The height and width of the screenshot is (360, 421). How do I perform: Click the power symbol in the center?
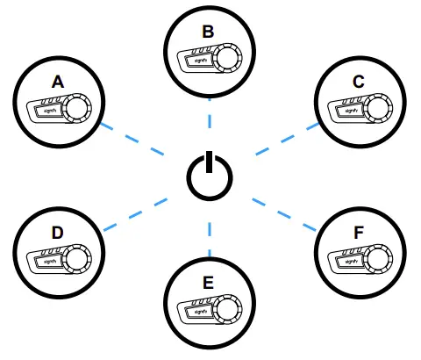(210, 176)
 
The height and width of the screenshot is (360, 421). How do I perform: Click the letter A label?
(59, 82)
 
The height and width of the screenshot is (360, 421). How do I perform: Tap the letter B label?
(208, 32)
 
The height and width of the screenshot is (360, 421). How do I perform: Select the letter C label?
(358, 82)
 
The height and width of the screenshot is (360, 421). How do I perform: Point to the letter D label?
(57, 233)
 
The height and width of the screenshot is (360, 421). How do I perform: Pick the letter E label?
(209, 283)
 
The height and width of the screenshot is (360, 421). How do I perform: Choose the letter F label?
(359, 234)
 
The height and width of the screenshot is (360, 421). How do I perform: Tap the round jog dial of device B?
(228, 59)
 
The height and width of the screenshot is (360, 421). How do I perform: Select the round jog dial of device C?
(379, 109)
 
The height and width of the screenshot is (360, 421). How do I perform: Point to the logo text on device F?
(349, 261)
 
